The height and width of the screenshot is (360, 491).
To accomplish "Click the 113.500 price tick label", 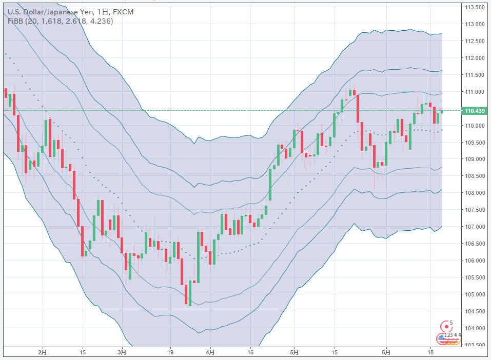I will pos(475,8).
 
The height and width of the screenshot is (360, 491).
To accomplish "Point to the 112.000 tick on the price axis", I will pos(475,58).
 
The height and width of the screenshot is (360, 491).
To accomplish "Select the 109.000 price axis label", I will pos(475,159).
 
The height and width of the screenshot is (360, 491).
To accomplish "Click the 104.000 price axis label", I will pos(475,328).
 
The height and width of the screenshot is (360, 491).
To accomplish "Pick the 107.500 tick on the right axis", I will pos(475,210).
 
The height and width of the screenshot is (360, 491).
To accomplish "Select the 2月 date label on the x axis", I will pos(43,353).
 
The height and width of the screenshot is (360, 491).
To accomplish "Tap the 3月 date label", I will pos(122,353).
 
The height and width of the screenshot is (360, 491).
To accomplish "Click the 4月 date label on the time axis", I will pos(210,353).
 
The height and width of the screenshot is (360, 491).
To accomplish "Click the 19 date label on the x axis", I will pos(170,353).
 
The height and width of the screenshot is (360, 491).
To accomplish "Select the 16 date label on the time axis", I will pos(250,353).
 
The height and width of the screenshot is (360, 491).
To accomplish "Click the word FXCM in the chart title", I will pos(123,11).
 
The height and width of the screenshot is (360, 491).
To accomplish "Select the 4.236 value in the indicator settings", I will pos(101,21).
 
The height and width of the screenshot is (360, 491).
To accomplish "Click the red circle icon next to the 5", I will pos(444,325).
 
